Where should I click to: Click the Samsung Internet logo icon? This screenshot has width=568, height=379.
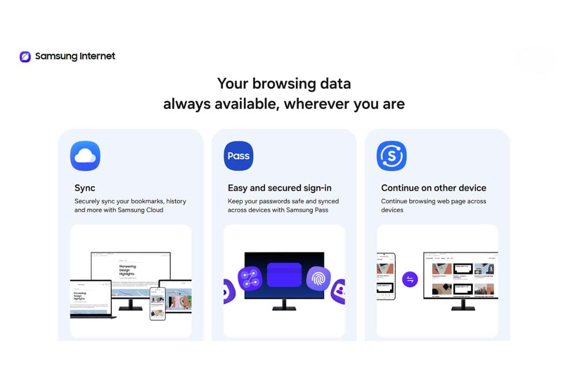pyautogui.click(x=25, y=57)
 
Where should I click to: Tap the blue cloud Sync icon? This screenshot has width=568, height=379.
pyautogui.click(x=85, y=155)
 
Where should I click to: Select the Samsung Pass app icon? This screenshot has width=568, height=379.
pyautogui.click(x=239, y=155)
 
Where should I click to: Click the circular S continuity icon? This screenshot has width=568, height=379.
pyautogui.click(x=391, y=155)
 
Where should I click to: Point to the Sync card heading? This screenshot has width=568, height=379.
pyautogui.click(x=85, y=188)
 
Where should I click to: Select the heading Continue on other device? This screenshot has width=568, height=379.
pyautogui.click(x=434, y=188)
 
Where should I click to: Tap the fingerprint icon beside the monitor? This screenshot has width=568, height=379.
pyautogui.click(x=318, y=279)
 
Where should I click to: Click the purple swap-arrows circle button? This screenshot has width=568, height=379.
pyautogui.click(x=410, y=280)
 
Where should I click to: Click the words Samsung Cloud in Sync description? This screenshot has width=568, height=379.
pyautogui.click(x=141, y=210)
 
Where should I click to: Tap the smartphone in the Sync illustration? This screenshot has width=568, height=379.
pyautogui.click(x=157, y=304)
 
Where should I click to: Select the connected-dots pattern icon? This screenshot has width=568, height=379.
pyautogui.click(x=250, y=279)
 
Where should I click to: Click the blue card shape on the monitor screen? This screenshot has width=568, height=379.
pyautogui.click(x=284, y=275)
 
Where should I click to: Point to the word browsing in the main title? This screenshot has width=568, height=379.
pyautogui.click(x=279, y=84)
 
